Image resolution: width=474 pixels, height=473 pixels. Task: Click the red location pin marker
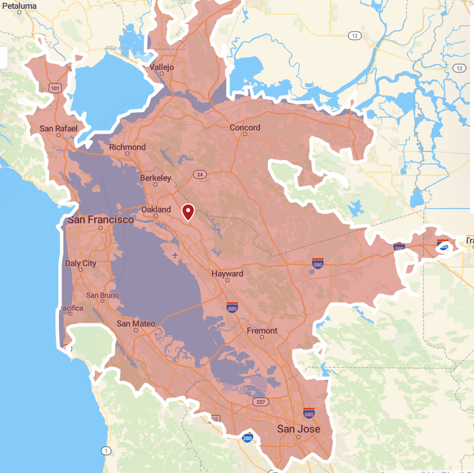pyautogui.click(x=188, y=213)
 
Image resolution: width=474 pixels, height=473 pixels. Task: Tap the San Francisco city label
pyautogui.click(x=101, y=220)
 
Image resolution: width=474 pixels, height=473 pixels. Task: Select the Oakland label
pyautogui.click(x=156, y=210)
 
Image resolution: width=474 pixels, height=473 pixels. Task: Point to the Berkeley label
pyautogui.click(x=155, y=178)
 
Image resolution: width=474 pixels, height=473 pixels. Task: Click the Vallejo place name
pyautogui.click(x=162, y=67)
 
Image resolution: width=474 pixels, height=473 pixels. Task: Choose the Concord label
pyautogui.click(x=245, y=128)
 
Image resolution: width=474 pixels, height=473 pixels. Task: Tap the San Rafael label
pyautogui.click(x=58, y=129)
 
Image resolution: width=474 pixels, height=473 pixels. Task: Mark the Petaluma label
pyautogui.click(x=18, y=6)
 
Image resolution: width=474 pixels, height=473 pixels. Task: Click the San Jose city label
pyautogui.click(x=299, y=429)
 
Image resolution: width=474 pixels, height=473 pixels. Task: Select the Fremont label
pyautogui.click(x=262, y=331)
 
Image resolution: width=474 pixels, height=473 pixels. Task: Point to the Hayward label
pyautogui.click(x=227, y=274)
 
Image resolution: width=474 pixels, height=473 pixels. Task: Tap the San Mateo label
pyautogui.click(x=136, y=324)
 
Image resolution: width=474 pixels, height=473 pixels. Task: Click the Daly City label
pyautogui.click(x=81, y=264)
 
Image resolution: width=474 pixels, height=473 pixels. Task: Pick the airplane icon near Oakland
pyautogui.click(x=175, y=254)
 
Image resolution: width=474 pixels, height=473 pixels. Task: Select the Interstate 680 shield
pyautogui.click(x=310, y=414)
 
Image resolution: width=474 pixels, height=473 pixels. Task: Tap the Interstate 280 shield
pyautogui.click(x=247, y=438)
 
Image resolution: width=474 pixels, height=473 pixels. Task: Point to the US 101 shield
pyautogui.click(x=55, y=88)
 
